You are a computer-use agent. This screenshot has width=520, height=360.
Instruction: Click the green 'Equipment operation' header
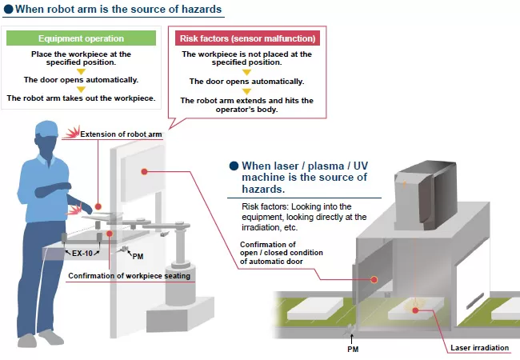tap(81, 38)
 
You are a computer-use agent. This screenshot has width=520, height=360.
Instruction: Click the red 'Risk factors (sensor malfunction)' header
tap(246, 38)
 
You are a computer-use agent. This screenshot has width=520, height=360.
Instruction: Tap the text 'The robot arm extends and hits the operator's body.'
tap(246, 105)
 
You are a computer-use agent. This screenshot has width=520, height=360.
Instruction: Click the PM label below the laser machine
tap(352, 349)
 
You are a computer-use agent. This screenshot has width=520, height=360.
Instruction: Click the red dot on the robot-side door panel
tap(145, 171)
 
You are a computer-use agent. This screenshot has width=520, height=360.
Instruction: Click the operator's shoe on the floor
tap(32, 338)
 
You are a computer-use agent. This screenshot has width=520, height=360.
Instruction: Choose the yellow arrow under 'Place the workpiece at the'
tap(81, 70)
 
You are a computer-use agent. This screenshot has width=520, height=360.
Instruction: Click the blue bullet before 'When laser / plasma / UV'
tap(234, 166)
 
